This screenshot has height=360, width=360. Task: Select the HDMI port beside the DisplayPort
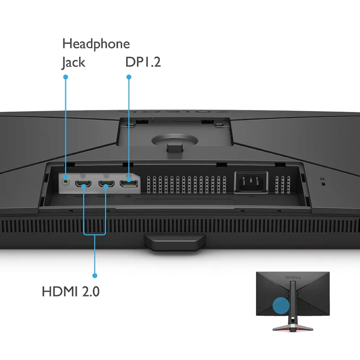(106, 184)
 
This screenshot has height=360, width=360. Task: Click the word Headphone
(96, 44)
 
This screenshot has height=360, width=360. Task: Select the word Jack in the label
(73, 62)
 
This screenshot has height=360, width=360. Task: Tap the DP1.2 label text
(143, 62)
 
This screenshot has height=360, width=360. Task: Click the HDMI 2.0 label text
(71, 291)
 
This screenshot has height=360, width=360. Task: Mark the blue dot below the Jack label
(66, 77)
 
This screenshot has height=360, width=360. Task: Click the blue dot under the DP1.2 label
(129, 77)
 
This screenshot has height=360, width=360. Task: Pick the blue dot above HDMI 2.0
(94, 275)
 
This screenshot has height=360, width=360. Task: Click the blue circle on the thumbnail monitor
(281, 306)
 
